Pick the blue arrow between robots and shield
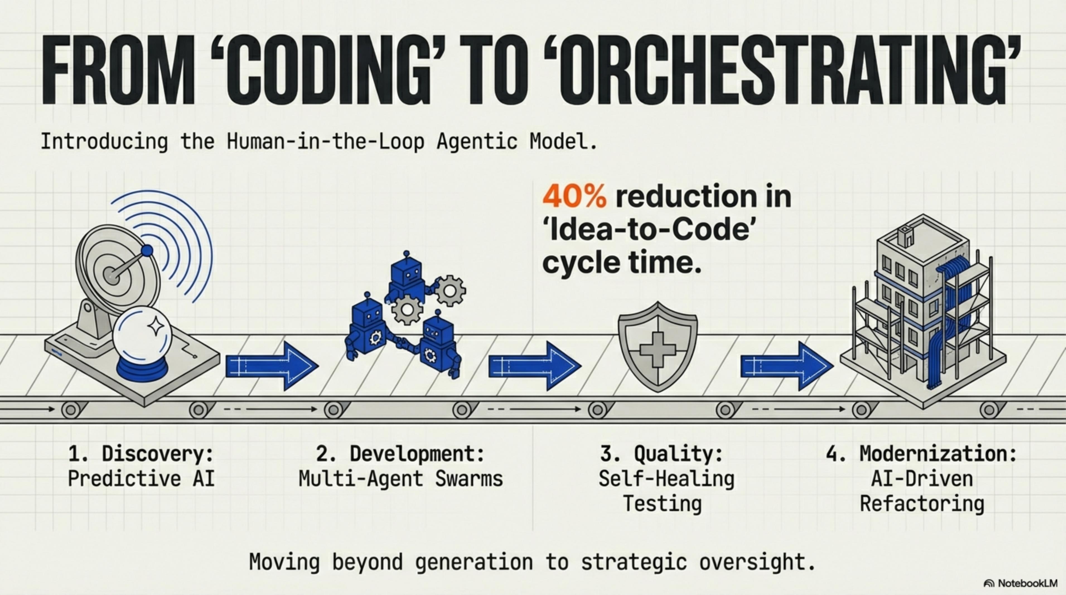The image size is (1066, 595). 535,366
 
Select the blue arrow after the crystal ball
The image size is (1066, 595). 272,366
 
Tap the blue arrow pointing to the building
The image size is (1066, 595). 787,366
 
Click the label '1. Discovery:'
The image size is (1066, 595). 141,454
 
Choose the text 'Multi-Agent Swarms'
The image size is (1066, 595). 401,479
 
